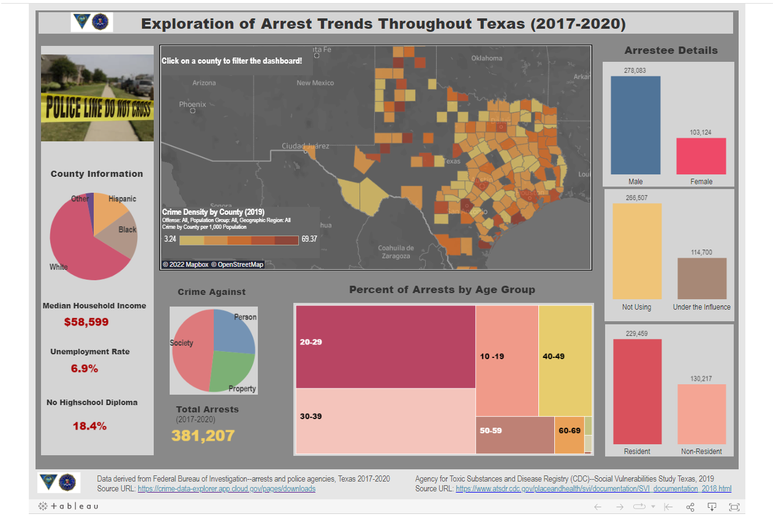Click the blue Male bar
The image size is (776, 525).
point(635,125)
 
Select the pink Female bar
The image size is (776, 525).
point(701,156)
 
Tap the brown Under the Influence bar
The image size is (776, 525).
point(701,278)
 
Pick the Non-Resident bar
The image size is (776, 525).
point(701,414)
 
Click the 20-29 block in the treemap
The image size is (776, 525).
point(385,346)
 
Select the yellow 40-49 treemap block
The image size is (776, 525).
point(565,361)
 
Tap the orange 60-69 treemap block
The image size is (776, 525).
point(569,435)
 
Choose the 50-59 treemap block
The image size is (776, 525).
point(514,435)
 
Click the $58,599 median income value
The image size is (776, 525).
point(86,322)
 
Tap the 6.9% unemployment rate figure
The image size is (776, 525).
point(85,368)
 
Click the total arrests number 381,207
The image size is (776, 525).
point(203,436)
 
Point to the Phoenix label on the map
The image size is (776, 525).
point(192,105)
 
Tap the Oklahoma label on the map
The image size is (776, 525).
point(487,58)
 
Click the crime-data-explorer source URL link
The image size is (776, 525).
point(227,489)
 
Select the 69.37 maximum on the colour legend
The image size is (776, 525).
point(309,239)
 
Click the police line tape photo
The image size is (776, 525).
point(97,98)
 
